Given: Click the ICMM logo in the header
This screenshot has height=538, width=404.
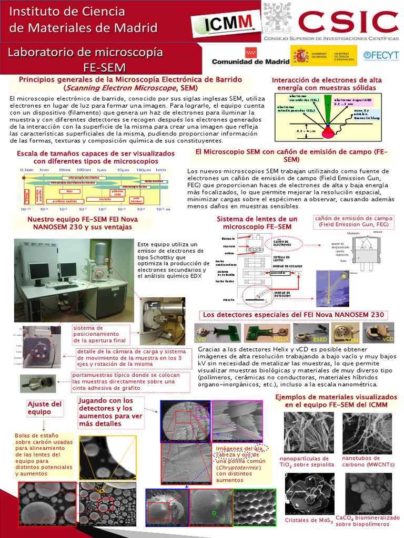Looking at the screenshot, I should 226,23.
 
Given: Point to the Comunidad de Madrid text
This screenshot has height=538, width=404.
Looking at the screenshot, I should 250,61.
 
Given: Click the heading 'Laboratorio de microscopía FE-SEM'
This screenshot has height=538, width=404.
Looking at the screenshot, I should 85,59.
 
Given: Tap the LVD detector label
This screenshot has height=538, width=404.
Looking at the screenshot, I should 200,340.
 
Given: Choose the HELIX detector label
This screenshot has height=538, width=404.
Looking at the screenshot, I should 266,340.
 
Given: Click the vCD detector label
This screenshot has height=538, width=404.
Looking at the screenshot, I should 388,340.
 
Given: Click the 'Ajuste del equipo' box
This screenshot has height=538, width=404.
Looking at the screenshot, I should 45,408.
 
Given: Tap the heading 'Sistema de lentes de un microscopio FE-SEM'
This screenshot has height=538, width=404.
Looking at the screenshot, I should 257,223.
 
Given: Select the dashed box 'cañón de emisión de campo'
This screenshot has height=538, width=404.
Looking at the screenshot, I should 353,221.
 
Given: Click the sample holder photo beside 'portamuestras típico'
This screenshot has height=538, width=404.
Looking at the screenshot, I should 38,383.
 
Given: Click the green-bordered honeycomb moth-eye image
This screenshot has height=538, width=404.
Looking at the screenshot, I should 255,507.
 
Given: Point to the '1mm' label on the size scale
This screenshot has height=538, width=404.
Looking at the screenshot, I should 160,170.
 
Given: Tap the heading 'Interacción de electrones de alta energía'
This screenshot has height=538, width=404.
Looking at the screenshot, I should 327,84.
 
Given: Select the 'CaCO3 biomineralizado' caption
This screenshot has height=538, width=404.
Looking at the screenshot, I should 364,520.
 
